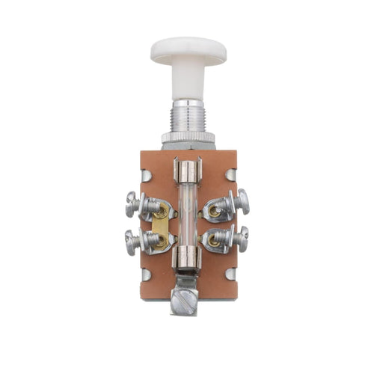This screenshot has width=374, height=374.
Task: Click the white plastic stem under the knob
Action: click(188, 81)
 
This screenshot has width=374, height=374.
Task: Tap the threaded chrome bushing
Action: click(188, 116)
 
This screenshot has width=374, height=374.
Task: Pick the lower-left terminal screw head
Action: click(132, 240)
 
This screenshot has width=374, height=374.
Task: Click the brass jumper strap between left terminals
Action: click(159, 224)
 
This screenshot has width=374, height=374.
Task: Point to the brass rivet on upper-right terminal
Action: click(215, 210)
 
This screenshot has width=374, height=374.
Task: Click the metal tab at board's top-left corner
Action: click(147, 175)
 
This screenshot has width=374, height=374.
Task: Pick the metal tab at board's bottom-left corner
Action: click(147, 275)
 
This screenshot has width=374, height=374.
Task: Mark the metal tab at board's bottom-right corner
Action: click(230, 274)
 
